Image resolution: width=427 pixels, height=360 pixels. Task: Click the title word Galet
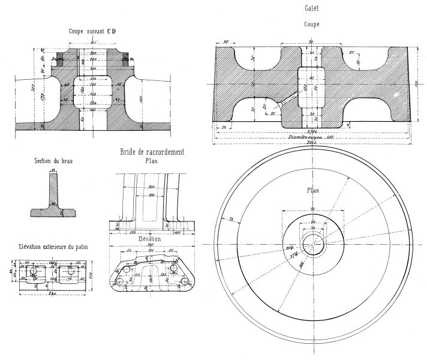(x=312, y=8)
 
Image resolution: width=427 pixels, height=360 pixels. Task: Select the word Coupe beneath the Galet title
(x=311, y=25)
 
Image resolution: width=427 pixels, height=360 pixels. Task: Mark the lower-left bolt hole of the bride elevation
(x=120, y=281)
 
